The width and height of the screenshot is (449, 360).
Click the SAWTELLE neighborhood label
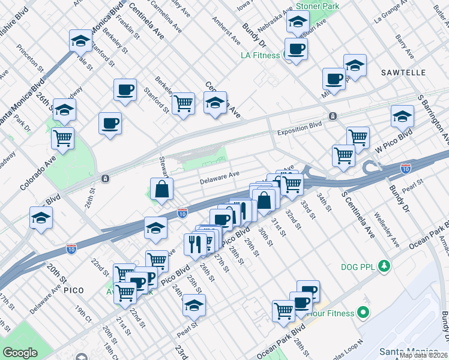click(x=403, y=73)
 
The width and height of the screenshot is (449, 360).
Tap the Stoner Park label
click(x=318, y=6)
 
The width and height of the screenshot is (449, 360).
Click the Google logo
click(x=20, y=353)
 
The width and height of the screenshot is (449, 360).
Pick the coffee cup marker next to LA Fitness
click(x=295, y=49)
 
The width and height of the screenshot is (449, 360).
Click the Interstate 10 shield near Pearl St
click(x=406, y=169)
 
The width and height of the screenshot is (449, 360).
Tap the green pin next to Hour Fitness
click(x=363, y=312)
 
